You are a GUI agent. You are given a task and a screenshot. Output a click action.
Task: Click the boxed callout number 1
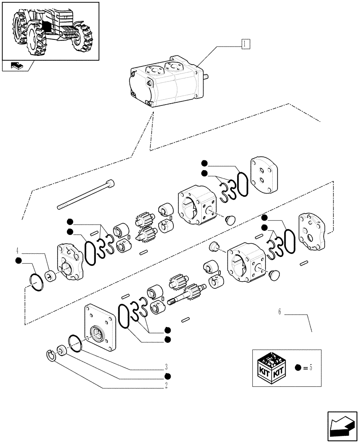(x=245, y=43)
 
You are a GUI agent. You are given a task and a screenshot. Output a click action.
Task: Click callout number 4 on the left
(x=17, y=249)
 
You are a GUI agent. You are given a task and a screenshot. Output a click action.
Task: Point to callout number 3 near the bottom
(x=166, y=367)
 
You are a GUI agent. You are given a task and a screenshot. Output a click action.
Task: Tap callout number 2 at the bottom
(x=166, y=385)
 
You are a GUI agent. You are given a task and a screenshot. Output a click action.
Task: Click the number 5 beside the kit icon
(x=311, y=368)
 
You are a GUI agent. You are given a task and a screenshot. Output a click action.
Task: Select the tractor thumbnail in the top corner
(x=50, y=30)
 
